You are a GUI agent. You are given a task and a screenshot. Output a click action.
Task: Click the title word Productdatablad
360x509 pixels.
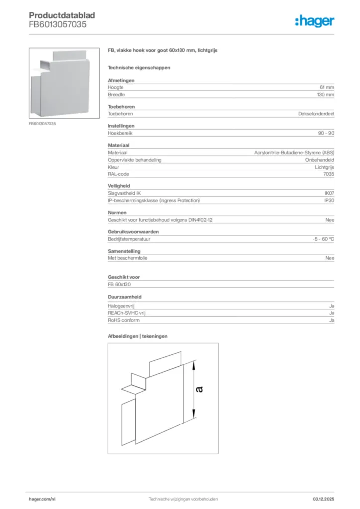pyautogui.click(x=62, y=15)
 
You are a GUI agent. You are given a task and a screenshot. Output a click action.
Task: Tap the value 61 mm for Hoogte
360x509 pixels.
pyautogui.click(x=327, y=87)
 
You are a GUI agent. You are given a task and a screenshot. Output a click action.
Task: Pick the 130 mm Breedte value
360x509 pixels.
pyautogui.click(x=326, y=94)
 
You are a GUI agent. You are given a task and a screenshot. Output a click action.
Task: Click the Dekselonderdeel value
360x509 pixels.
pyautogui.click(x=316, y=114)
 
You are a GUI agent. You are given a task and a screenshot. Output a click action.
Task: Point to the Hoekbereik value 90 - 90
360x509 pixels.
pyautogui.click(x=325, y=133)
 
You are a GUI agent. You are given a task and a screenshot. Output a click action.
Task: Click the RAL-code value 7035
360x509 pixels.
pyautogui.click(x=329, y=174)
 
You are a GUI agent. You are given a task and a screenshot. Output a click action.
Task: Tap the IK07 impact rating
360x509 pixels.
pyautogui.click(x=329, y=193)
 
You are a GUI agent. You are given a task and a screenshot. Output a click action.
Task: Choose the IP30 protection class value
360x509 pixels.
pyautogui.click(x=329, y=200)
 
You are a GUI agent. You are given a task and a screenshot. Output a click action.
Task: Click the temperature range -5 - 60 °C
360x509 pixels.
pyautogui.click(x=320, y=239)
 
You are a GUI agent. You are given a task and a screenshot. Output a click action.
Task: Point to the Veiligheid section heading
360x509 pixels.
pyautogui.click(x=118, y=186)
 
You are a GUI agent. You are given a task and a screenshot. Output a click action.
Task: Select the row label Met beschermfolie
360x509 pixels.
pyautogui.click(x=128, y=258)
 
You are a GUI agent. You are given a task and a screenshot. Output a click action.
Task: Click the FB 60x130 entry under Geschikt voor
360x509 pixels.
pyautogui.click(x=119, y=285)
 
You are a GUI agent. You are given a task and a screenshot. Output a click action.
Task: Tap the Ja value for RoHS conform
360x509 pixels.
pyautogui.click(x=331, y=320)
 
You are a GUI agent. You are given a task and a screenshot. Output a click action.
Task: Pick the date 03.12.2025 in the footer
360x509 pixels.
pyautogui.click(x=323, y=499)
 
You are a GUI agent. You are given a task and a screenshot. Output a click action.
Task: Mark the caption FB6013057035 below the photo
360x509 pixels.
pyautogui.click(x=42, y=123)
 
